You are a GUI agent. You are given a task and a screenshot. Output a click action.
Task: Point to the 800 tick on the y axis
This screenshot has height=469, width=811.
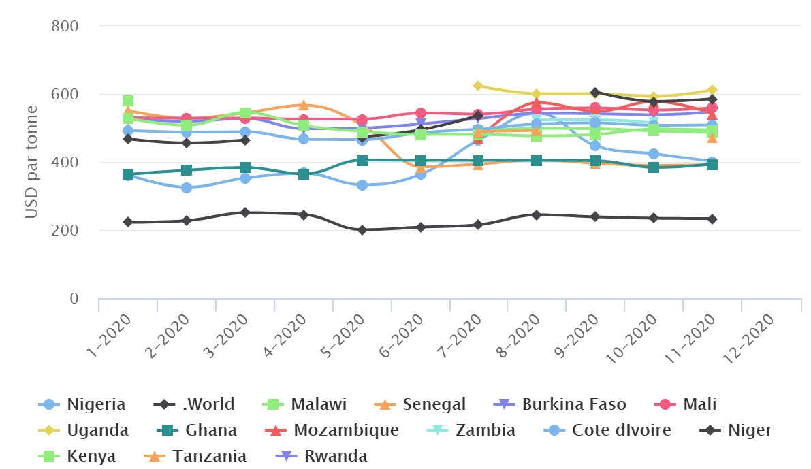[66, 26]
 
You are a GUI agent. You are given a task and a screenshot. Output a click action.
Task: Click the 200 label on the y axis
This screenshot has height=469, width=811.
[66, 231]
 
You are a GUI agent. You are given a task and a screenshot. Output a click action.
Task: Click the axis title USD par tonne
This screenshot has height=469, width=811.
[31, 162]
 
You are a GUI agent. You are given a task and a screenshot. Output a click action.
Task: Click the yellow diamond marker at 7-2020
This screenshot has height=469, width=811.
[478, 86]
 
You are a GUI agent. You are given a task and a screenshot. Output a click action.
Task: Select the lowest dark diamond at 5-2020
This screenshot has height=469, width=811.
[362, 230]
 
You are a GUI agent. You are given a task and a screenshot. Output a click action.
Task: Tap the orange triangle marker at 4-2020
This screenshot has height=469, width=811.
[304, 106]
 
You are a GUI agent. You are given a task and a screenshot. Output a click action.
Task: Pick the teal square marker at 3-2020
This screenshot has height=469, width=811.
[245, 167]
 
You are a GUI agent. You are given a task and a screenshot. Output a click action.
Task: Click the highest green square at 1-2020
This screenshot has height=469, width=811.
[128, 101]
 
